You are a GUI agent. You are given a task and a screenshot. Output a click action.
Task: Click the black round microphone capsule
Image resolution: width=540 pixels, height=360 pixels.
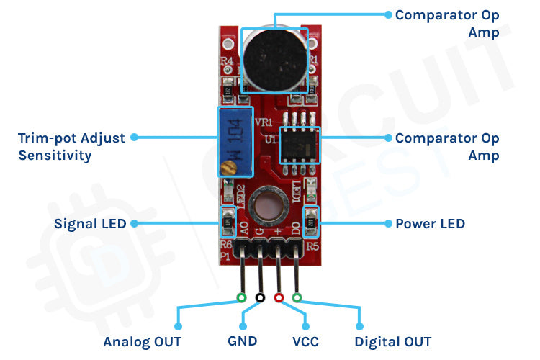point(274,58)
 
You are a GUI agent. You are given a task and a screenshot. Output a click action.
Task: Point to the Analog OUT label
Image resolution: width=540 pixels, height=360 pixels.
point(142,341)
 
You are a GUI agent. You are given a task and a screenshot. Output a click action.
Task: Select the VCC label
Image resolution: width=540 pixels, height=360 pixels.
point(305,341)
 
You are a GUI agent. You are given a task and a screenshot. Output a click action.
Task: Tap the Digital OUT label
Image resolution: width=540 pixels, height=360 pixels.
point(393,341)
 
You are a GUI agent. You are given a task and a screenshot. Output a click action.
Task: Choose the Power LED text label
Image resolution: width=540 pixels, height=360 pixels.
point(430,224)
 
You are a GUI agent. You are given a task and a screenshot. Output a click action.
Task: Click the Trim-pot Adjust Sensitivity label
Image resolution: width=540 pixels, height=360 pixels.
point(71,146)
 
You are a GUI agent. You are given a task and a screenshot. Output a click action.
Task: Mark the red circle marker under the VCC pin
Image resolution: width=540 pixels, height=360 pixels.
point(279,297)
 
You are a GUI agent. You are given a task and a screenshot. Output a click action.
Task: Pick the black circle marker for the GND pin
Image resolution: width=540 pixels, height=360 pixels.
point(260,297)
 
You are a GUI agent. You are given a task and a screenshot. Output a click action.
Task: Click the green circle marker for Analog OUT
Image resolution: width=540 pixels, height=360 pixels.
point(241,297)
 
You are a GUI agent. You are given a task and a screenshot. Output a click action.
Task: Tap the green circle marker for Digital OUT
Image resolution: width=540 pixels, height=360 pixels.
point(297,297)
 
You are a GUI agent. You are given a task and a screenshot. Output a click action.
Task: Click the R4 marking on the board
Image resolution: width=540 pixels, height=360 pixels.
point(226,63)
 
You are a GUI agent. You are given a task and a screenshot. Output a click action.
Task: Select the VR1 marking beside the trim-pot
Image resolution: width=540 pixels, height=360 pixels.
point(264,122)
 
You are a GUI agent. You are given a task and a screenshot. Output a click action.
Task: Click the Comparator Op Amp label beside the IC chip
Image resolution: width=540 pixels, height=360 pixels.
point(447,146)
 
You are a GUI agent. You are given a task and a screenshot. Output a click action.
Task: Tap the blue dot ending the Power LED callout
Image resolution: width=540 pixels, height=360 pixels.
point(388,224)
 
